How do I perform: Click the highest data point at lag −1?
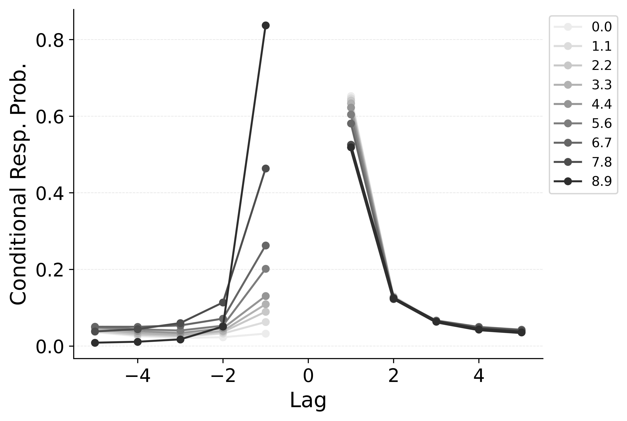point(266,26)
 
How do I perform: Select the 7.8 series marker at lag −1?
point(266,168)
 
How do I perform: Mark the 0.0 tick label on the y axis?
point(51,346)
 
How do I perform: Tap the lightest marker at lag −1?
point(266,334)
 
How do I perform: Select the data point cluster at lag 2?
point(393,298)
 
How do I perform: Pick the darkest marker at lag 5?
point(522,332)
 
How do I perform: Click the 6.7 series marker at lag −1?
point(266,245)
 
